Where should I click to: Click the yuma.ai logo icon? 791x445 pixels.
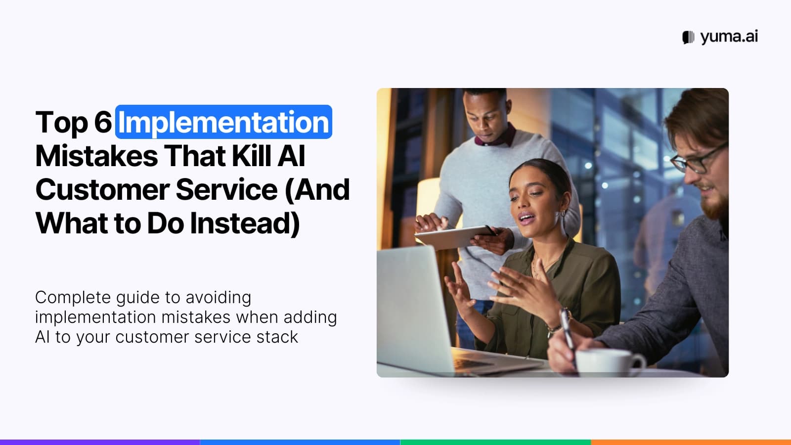click(x=688, y=37)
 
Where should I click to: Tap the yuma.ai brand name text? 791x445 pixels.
click(x=729, y=37)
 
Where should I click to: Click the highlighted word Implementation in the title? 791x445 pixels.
click(x=223, y=122)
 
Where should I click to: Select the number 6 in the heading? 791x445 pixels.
click(x=103, y=122)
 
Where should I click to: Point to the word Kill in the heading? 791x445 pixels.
click(x=252, y=156)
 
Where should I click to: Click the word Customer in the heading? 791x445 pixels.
click(x=102, y=190)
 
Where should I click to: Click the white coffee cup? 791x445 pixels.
click(x=608, y=361)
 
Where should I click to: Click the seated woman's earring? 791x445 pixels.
click(x=562, y=214)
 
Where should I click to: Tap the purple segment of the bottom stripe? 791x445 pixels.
click(x=99, y=442)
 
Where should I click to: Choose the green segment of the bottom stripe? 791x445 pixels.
click(x=495, y=442)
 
